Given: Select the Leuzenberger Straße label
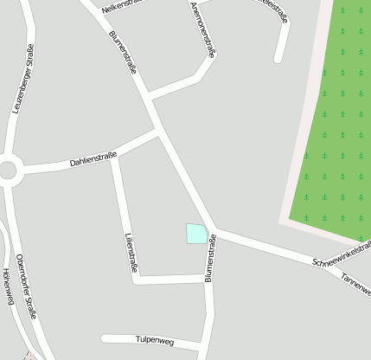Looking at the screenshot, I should (22, 79).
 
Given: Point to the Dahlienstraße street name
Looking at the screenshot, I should (93, 157).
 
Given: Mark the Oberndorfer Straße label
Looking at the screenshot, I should (27, 286).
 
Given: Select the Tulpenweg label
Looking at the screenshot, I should (155, 341).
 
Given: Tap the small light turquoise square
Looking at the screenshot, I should (196, 233).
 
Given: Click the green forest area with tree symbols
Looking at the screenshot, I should (333, 130).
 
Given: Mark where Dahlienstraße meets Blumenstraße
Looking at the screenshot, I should (157, 132).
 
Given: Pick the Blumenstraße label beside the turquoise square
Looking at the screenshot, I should (209, 259).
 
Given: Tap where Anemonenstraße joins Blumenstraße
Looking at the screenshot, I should (149, 93).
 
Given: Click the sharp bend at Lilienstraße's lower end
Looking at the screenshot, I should (138, 280).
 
